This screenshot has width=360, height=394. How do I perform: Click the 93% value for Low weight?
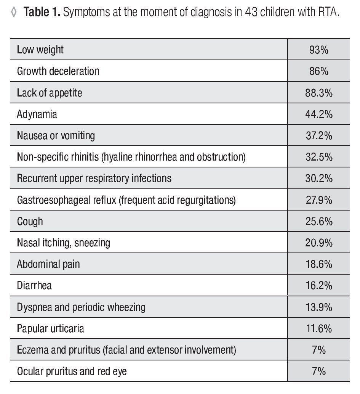319,50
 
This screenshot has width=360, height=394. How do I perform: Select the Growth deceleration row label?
58,71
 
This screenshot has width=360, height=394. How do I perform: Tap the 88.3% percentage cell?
319,93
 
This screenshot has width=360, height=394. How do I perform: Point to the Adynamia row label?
37,114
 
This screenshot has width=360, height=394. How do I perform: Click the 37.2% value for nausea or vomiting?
319,135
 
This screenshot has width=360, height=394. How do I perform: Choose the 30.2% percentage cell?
319,178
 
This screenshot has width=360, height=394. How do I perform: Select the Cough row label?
30,222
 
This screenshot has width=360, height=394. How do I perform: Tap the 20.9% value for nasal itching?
319,243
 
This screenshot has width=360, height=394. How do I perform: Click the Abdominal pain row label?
48,264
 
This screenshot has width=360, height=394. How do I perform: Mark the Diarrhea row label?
34,285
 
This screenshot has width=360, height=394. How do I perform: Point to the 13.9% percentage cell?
319,307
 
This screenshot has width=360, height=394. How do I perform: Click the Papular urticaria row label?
50,328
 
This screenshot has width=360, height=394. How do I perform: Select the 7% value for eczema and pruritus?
319,350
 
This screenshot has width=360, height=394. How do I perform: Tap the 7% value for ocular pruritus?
319,371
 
